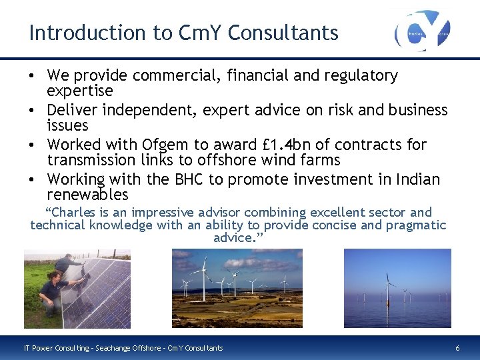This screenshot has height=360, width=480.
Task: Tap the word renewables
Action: [87, 195]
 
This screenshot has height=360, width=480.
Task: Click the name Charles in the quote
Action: [71, 213]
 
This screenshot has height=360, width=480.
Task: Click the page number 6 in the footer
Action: [457, 348]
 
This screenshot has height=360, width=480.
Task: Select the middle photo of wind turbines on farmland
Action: [237, 288]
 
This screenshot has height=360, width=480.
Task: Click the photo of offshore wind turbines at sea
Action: [397, 288]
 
